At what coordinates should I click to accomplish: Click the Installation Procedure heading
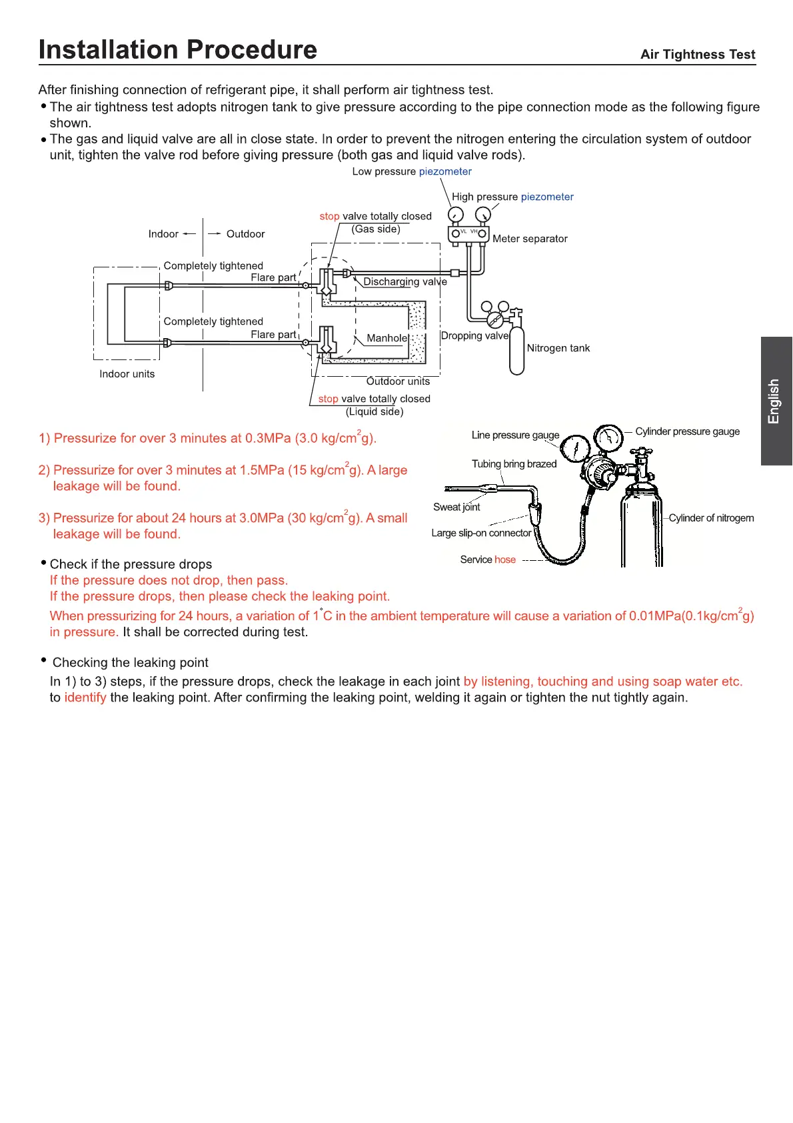click(x=178, y=50)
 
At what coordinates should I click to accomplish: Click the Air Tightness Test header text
click(x=698, y=55)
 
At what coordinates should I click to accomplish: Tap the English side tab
click(x=776, y=401)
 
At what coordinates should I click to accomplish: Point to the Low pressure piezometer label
click(x=412, y=171)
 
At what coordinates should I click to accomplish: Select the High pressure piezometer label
click(x=512, y=197)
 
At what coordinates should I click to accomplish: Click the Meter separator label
click(x=530, y=239)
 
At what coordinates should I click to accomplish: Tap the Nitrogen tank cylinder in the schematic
click(x=516, y=350)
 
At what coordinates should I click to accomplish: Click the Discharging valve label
click(x=405, y=281)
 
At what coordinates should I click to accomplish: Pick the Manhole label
click(x=387, y=338)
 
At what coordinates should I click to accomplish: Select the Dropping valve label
click(x=474, y=335)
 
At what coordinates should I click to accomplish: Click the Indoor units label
click(x=127, y=374)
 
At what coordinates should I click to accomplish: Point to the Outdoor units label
click(x=398, y=381)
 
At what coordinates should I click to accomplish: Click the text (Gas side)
click(x=376, y=229)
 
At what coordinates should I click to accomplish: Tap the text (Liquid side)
click(x=375, y=412)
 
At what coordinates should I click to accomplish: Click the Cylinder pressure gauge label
click(x=687, y=431)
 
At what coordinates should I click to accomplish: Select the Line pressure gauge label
click(x=515, y=435)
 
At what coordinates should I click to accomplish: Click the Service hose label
click(x=488, y=559)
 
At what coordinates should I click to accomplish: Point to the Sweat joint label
click(x=456, y=507)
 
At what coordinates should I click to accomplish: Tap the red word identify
click(x=85, y=698)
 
